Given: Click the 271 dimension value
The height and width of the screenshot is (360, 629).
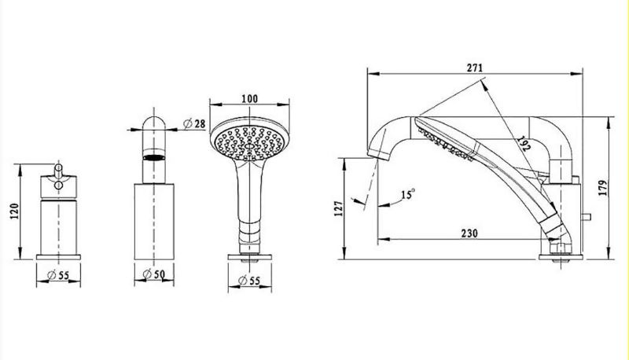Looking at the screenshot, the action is click(x=475, y=68).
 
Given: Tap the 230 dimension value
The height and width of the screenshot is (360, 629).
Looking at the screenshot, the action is click(x=469, y=233).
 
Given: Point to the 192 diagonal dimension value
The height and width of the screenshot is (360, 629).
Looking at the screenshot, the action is click(x=524, y=144).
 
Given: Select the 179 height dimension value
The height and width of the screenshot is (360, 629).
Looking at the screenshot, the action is click(x=602, y=188).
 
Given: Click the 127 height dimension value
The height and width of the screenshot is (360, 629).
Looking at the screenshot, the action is click(x=339, y=208).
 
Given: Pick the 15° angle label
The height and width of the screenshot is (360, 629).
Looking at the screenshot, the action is click(x=408, y=194).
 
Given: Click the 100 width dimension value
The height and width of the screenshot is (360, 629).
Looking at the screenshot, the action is click(x=249, y=98).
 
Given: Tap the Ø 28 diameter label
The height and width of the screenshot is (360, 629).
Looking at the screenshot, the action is click(x=194, y=123).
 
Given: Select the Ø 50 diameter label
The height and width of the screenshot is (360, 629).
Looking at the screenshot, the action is click(x=154, y=274).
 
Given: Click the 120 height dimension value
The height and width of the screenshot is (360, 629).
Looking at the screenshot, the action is click(x=15, y=211).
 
